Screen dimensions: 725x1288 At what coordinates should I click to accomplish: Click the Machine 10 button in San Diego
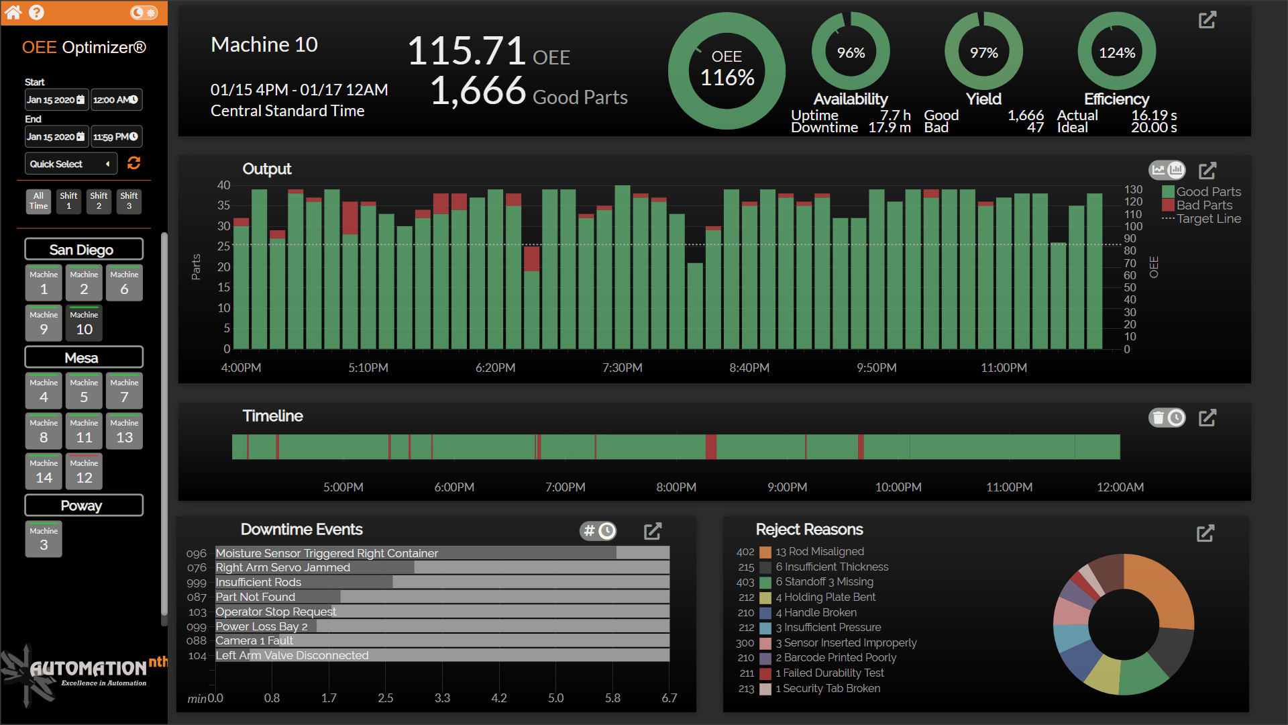84,323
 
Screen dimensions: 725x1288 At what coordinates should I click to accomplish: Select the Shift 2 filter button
99,201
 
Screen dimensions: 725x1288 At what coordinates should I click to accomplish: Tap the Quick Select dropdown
70,164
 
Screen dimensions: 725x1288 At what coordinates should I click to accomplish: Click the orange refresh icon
133,163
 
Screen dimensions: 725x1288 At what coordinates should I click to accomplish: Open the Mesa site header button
83,358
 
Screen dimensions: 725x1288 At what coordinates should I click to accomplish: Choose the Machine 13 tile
124,431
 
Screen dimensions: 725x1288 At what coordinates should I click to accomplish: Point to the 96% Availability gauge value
851,53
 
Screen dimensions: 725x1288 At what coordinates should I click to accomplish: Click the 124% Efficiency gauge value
1116,53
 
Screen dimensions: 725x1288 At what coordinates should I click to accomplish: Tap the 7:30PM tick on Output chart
622,368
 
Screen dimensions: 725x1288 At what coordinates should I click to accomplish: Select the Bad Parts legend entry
1203,205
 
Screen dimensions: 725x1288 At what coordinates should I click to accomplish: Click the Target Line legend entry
1208,219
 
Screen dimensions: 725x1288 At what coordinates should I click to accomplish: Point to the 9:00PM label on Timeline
787,487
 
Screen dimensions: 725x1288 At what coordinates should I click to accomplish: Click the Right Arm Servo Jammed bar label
282,568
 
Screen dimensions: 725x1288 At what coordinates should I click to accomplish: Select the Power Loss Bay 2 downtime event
261,626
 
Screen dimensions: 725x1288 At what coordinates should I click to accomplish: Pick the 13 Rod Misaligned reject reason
819,552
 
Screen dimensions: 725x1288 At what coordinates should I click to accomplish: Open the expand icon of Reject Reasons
1205,534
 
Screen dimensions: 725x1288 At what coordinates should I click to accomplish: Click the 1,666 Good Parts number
478,91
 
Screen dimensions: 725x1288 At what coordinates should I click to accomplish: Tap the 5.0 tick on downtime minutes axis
555,698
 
